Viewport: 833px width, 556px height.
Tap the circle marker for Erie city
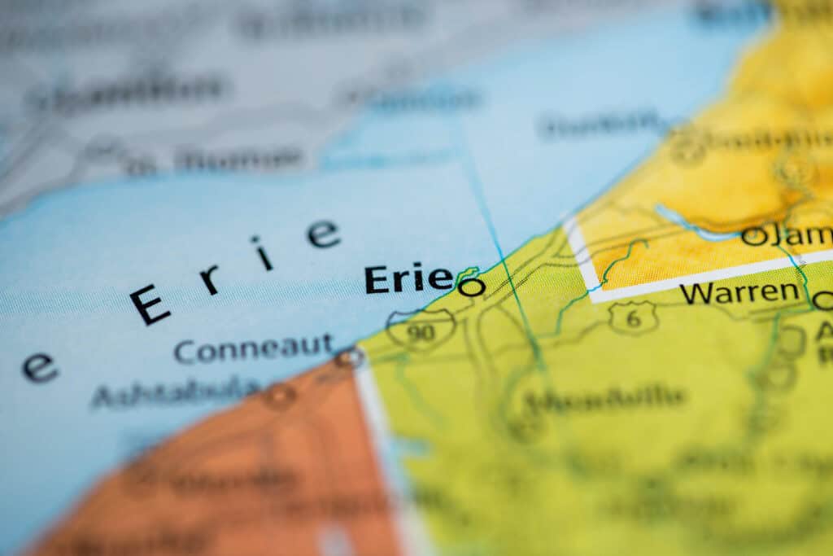[471, 287]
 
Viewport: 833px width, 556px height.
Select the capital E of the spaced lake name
[150, 304]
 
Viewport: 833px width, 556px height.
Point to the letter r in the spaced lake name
[209, 279]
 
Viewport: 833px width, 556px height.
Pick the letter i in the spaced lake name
[262, 253]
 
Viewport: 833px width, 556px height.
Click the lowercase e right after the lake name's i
[323, 234]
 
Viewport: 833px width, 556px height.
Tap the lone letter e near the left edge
[39, 368]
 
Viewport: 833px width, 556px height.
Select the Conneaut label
[253, 349]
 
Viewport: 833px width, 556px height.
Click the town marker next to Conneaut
[350, 357]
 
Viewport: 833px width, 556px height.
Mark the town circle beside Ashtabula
[279, 396]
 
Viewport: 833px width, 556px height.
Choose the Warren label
[739, 292]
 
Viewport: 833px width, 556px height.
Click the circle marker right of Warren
[823, 301]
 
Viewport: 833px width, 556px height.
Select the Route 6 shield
[633, 317]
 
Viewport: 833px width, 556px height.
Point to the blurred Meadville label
[604, 399]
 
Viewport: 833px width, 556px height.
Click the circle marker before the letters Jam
[753, 236]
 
